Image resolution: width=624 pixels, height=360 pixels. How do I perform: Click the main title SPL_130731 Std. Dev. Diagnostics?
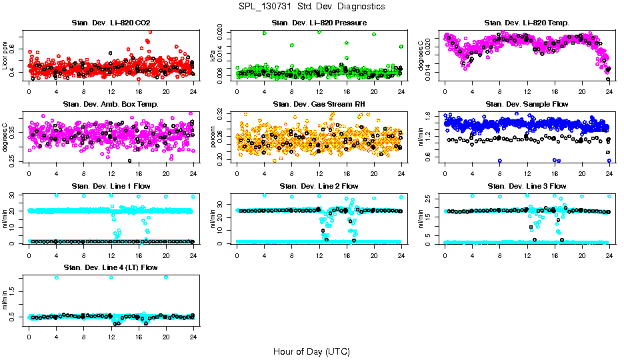(311, 6)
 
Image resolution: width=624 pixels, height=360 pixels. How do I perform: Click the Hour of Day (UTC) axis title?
(311, 351)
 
